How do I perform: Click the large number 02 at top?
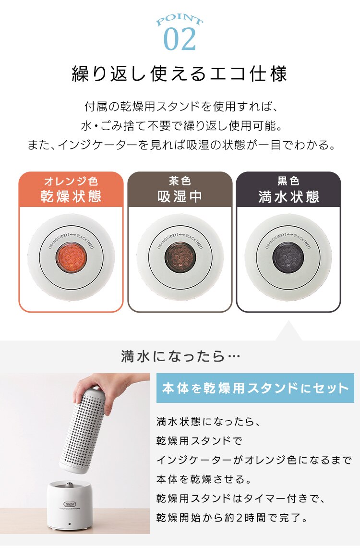[180, 39]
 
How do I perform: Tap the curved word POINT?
[180, 21]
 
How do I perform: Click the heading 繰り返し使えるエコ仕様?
[180, 74]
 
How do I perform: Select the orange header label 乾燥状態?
[71, 197]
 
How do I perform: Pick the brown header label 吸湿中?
[180, 197]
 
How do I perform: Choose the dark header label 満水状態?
[288, 197]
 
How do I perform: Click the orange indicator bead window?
[71, 258]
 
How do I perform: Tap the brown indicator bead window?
[180, 258]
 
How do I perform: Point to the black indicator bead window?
[288, 258]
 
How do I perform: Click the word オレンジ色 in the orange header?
[71, 181]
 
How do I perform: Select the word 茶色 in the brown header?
[180, 181]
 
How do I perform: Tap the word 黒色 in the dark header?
[288, 181]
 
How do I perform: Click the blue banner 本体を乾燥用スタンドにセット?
[255, 388]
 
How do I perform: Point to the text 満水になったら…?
[180, 357]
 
